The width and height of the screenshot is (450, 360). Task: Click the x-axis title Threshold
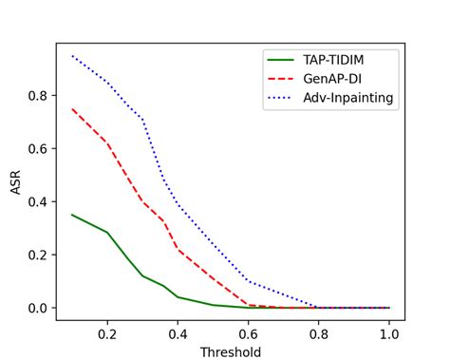point(230,351)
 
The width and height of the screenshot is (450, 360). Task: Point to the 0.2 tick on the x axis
point(107,333)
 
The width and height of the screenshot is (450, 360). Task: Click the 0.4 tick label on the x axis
point(178,333)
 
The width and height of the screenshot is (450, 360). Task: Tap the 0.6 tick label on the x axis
point(249,333)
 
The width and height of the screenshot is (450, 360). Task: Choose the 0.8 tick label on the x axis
point(319,333)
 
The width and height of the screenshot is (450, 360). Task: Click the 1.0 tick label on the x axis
point(389,333)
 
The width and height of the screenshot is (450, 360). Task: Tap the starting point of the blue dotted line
point(72,55)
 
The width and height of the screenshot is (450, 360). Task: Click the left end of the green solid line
point(72,215)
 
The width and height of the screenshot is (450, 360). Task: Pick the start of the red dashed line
point(72,108)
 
